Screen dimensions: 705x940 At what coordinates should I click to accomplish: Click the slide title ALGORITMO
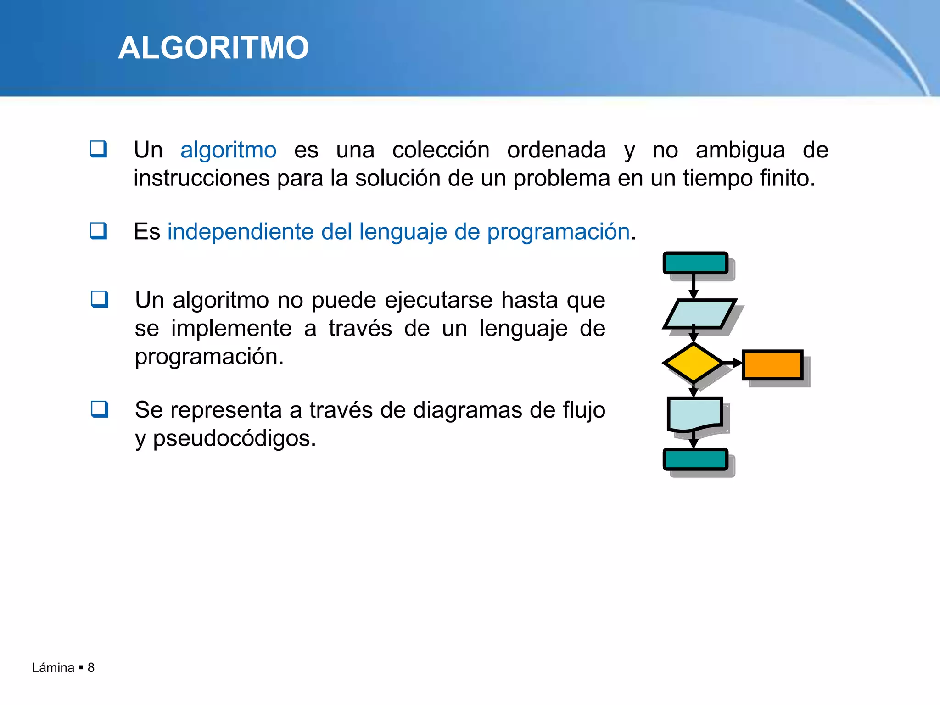(213, 48)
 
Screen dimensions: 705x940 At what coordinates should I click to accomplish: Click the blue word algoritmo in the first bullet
(228, 151)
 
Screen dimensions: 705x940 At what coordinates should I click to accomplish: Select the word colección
(441, 151)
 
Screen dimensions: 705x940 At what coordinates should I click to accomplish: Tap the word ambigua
(740, 151)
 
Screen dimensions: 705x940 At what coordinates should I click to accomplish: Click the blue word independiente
(240, 232)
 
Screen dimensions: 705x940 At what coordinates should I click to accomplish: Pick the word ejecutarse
(438, 301)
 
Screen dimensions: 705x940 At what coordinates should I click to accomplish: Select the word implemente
(231, 329)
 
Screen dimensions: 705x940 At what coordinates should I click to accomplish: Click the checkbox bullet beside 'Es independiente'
(98, 231)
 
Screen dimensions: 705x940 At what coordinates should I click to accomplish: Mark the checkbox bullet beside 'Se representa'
(100, 409)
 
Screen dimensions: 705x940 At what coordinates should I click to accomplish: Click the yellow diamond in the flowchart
(693, 363)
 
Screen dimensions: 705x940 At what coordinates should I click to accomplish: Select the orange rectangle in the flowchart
(772, 365)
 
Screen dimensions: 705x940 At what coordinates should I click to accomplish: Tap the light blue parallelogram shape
(699, 314)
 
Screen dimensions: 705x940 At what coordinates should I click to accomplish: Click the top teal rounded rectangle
(695, 263)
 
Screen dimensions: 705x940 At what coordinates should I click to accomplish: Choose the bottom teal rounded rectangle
(695, 459)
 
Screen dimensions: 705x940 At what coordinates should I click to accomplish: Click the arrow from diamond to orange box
(733, 363)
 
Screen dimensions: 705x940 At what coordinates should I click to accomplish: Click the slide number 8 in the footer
(91, 668)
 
